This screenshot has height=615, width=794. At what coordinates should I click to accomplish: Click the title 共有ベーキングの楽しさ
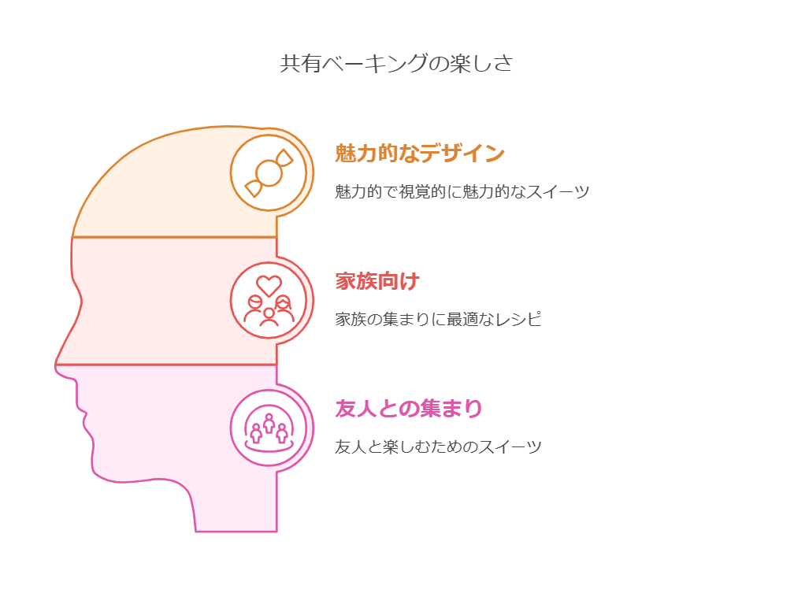tap(396, 64)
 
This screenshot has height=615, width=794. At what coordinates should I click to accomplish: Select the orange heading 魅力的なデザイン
tap(420, 154)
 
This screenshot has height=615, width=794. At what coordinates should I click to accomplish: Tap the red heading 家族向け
tap(377, 281)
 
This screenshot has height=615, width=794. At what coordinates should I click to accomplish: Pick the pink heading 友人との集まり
tap(409, 409)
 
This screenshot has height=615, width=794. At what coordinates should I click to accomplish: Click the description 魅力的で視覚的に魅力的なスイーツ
tap(462, 191)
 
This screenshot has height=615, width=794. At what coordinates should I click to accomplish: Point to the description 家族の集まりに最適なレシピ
tap(439, 320)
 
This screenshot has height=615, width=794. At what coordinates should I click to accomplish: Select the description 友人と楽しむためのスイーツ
tap(438, 447)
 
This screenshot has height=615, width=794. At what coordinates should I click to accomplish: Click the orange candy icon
tap(269, 172)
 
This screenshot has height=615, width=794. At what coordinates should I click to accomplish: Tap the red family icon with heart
tap(269, 301)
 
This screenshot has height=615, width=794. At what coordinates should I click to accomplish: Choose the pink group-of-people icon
tap(269, 429)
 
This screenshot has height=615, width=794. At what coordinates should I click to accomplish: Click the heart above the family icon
tap(269, 284)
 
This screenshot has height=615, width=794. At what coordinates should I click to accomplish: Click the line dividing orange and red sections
tap(173, 237)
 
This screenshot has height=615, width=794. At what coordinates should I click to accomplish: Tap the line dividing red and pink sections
tap(165, 365)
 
